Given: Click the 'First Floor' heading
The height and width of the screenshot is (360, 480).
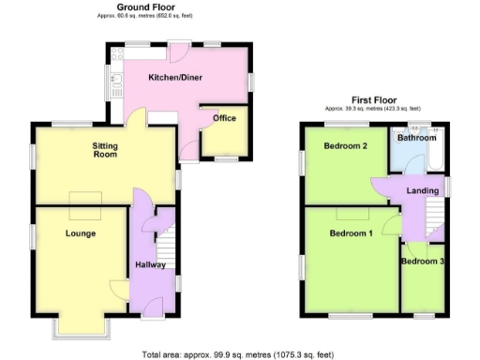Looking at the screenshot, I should pos(374,98).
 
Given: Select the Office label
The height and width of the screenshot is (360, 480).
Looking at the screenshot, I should pos(224,118).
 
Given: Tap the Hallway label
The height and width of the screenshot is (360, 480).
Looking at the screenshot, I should pos(150,265).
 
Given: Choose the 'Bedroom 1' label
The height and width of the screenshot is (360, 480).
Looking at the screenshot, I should pos(351,232).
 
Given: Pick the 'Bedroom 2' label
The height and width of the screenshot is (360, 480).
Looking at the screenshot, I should pos(344,147).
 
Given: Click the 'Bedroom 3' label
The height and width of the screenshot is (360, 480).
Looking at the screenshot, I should pos(422,262).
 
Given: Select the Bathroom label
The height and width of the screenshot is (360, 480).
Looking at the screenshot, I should pos(416,138).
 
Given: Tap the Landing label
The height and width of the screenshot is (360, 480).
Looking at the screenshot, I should pos(423,191).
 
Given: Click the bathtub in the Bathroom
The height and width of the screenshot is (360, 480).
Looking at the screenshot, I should pos(433,159).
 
